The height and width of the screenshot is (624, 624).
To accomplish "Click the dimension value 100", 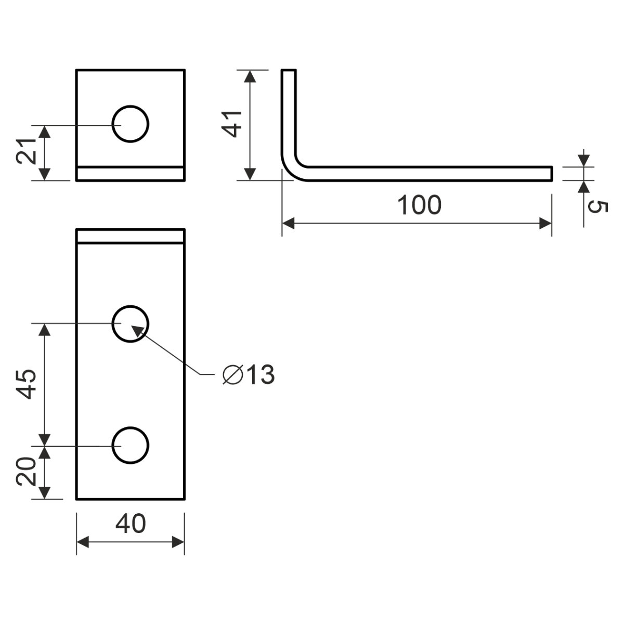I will pos(419,205).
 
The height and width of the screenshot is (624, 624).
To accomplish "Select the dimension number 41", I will pos(232,124).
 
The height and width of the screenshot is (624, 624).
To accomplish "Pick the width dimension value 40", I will pos(131,524).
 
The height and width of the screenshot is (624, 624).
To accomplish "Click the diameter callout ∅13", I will pos(248,374).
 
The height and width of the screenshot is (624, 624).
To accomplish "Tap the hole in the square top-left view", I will pos(131,124).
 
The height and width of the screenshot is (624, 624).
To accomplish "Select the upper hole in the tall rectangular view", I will pos(131,323).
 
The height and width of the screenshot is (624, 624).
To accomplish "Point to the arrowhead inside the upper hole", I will pos(136,329).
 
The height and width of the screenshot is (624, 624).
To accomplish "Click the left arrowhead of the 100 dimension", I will pos(288,224).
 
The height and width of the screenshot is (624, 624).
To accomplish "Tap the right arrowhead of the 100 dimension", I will pos(545,224).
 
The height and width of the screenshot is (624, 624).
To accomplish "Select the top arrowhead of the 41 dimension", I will pos(250,76).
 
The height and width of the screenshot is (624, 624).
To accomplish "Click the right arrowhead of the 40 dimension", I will pos(178,542).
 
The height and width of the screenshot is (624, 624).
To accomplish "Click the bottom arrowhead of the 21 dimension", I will pos(45,174).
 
